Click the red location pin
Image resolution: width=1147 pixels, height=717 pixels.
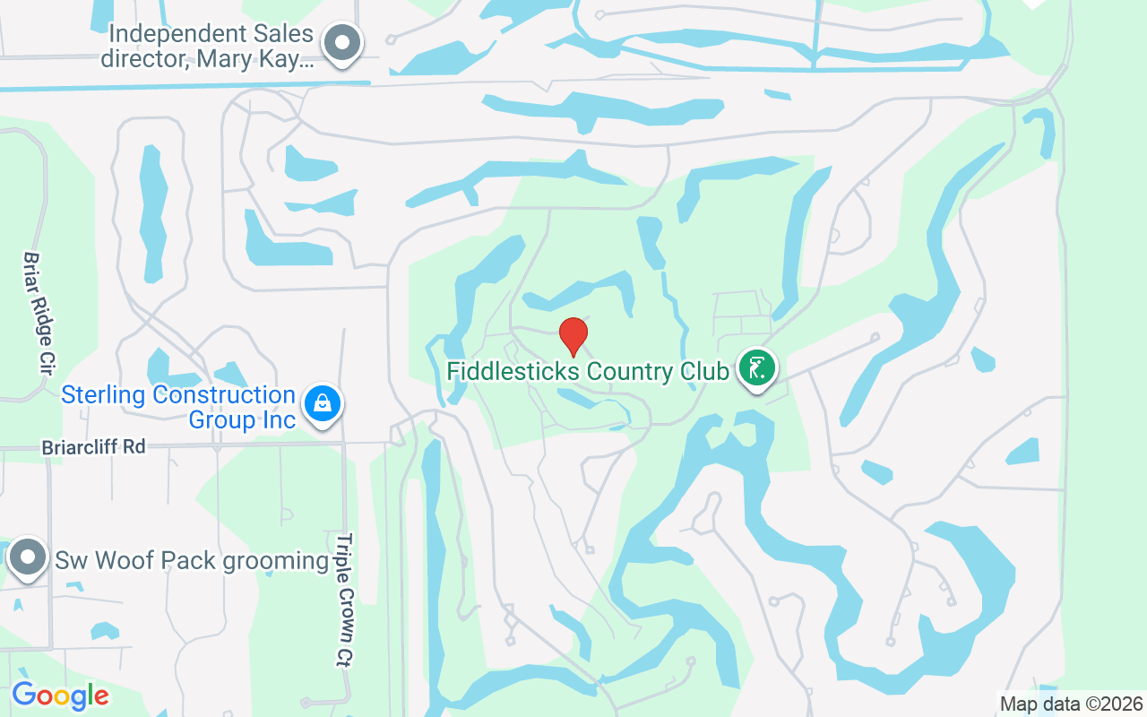coord(573,335)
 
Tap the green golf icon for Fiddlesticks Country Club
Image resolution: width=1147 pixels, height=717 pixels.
coord(757,367)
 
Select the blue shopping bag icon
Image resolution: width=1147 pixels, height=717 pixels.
coord(322,402)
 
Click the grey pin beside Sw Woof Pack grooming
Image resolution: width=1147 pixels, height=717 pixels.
coord(28,557)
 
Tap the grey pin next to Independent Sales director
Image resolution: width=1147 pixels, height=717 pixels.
coord(341,41)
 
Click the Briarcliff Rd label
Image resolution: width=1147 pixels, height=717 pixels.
coord(93,446)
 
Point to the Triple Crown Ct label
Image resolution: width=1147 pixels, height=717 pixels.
coord(345,600)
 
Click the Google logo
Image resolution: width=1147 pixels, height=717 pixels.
coord(60,695)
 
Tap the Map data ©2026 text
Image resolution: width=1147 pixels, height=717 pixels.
coord(1072,704)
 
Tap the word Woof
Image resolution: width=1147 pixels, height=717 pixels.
coord(118,561)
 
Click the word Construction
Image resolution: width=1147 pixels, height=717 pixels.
coord(225,395)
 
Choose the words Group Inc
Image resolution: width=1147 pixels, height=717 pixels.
coord(242,419)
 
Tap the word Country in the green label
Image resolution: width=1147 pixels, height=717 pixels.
coord(631,371)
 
